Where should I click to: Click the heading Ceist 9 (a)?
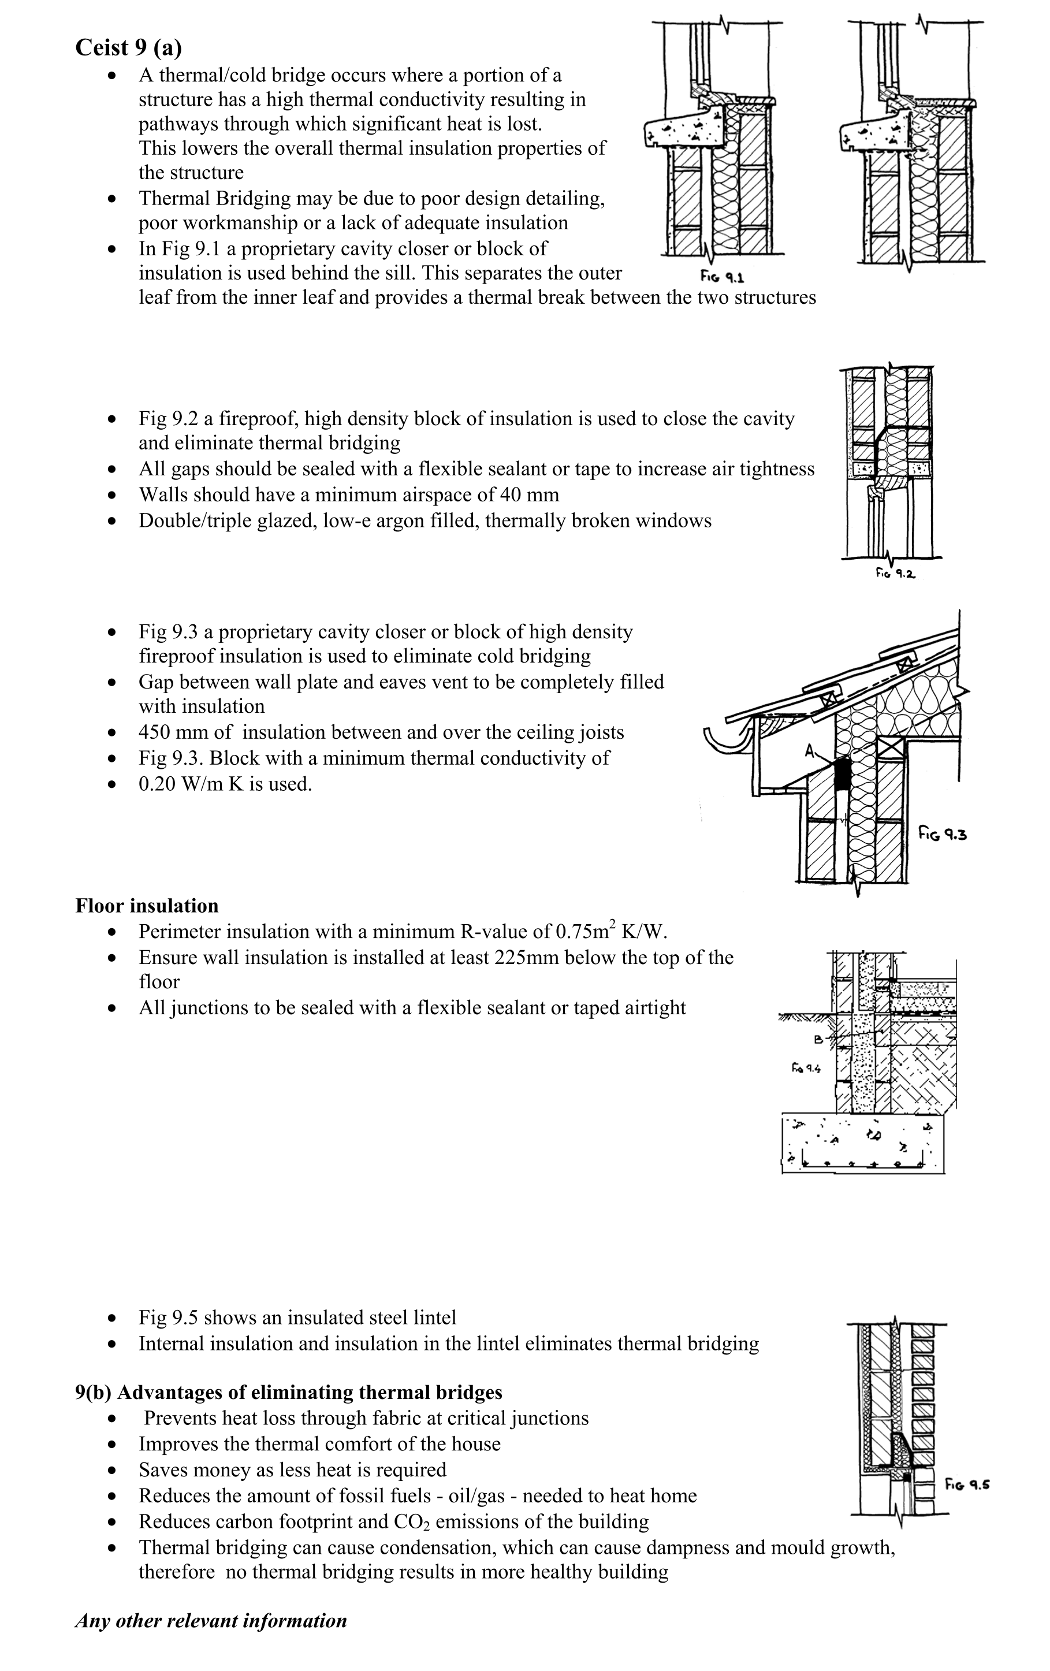pos(128,47)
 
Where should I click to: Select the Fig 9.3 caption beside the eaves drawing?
pos(943,833)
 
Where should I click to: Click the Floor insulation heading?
pos(147,906)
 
